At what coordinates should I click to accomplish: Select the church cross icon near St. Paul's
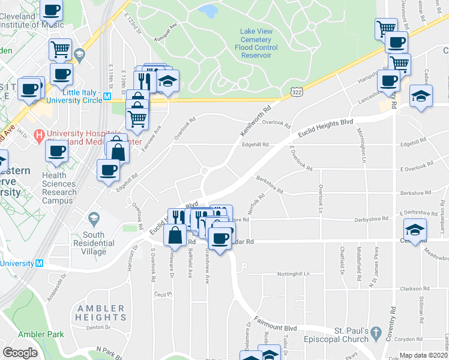(x=376, y=332)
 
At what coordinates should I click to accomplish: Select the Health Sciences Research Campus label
(x=59, y=184)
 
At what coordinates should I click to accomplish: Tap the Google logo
(x=20, y=353)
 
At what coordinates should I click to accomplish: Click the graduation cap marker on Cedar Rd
(x=415, y=229)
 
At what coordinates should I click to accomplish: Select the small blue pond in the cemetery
(x=208, y=10)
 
